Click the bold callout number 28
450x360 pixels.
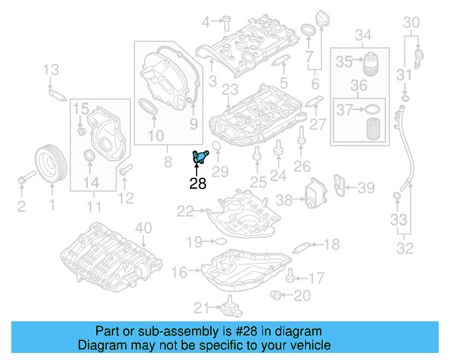[198, 184]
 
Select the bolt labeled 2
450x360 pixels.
[22, 179]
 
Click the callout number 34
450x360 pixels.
[363, 35]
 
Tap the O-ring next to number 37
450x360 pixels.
[373, 109]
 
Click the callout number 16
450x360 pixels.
[179, 272]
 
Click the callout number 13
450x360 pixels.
[51, 69]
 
